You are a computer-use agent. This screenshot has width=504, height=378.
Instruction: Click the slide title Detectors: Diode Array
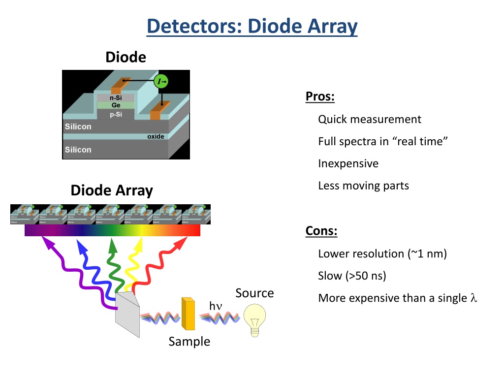[x=252, y=26]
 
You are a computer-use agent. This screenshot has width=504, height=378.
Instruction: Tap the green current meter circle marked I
[x=160, y=81]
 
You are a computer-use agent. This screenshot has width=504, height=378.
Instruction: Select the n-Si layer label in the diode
[x=116, y=97]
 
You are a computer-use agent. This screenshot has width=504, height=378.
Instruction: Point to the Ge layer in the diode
[x=116, y=105]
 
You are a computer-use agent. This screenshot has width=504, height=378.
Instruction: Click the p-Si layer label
[x=116, y=114]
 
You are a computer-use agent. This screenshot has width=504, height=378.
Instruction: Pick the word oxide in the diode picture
[x=156, y=136]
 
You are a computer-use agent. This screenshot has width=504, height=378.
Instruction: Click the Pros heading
[x=320, y=96]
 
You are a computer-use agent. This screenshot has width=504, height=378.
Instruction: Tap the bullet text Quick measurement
[x=370, y=119]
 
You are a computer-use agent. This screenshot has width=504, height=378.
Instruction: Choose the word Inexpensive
[x=348, y=163]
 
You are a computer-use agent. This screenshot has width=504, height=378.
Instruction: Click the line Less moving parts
[x=363, y=186]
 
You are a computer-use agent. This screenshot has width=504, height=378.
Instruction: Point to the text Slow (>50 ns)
[x=352, y=276]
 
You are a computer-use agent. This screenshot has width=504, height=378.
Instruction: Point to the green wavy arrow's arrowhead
[x=113, y=243]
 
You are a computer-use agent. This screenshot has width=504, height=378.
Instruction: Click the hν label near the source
[x=216, y=306]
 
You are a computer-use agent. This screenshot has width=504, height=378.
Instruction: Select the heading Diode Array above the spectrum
[x=112, y=190]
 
